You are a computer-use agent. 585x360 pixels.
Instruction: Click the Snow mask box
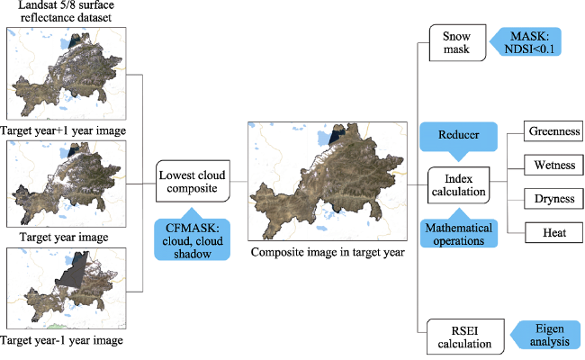[x=458, y=43]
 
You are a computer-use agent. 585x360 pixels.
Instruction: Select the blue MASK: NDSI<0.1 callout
[x=526, y=41]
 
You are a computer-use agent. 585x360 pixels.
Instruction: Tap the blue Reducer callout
[x=458, y=139]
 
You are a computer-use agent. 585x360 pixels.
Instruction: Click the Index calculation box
[x=458, y=185]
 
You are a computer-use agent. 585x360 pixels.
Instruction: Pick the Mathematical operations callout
[x=459, y=229]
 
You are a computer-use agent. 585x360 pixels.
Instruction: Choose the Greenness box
[x=553, y=130]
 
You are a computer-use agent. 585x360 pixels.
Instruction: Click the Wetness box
[x=554, y=165]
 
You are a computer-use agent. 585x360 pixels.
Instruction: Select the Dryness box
[x=553, y=199]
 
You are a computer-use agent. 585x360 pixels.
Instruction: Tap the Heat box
[x=554, y=233]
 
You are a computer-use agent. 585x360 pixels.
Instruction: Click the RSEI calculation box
[x=465, y=337]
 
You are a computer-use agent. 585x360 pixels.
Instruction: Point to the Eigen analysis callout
[x=545, y=335]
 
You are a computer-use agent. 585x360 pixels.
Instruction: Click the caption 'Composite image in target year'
[x=328, y=252]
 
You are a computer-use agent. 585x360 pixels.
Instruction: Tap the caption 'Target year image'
[x=64, y=238]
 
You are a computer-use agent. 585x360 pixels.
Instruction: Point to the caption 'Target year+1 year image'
[x=63, y=130]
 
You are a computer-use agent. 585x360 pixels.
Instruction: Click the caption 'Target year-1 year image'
[x=61, y=340]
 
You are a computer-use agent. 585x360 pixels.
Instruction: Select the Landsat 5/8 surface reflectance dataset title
[x=66, y=11]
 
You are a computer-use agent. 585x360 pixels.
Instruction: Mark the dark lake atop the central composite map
[x=337, y=135]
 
